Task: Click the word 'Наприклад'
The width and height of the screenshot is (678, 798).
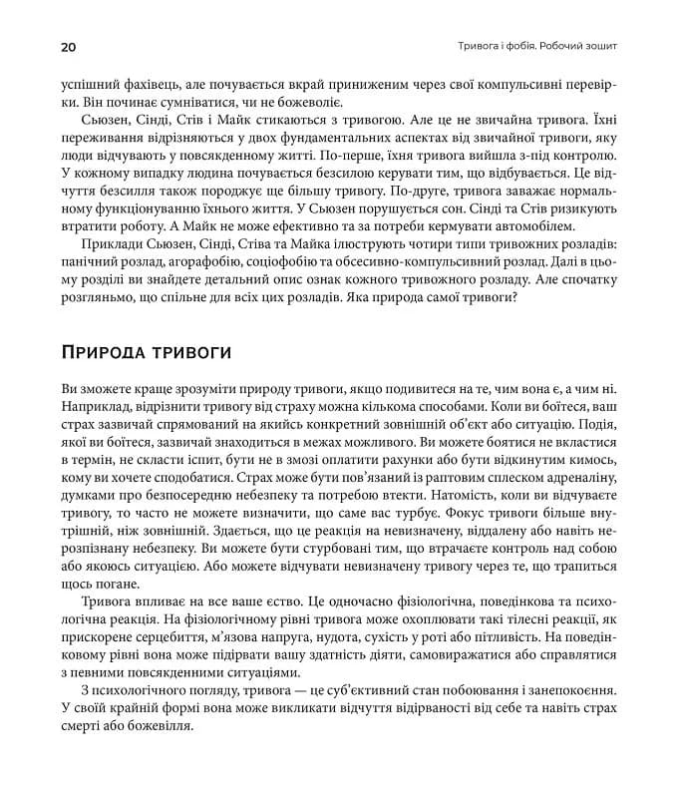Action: pos(95,409)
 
